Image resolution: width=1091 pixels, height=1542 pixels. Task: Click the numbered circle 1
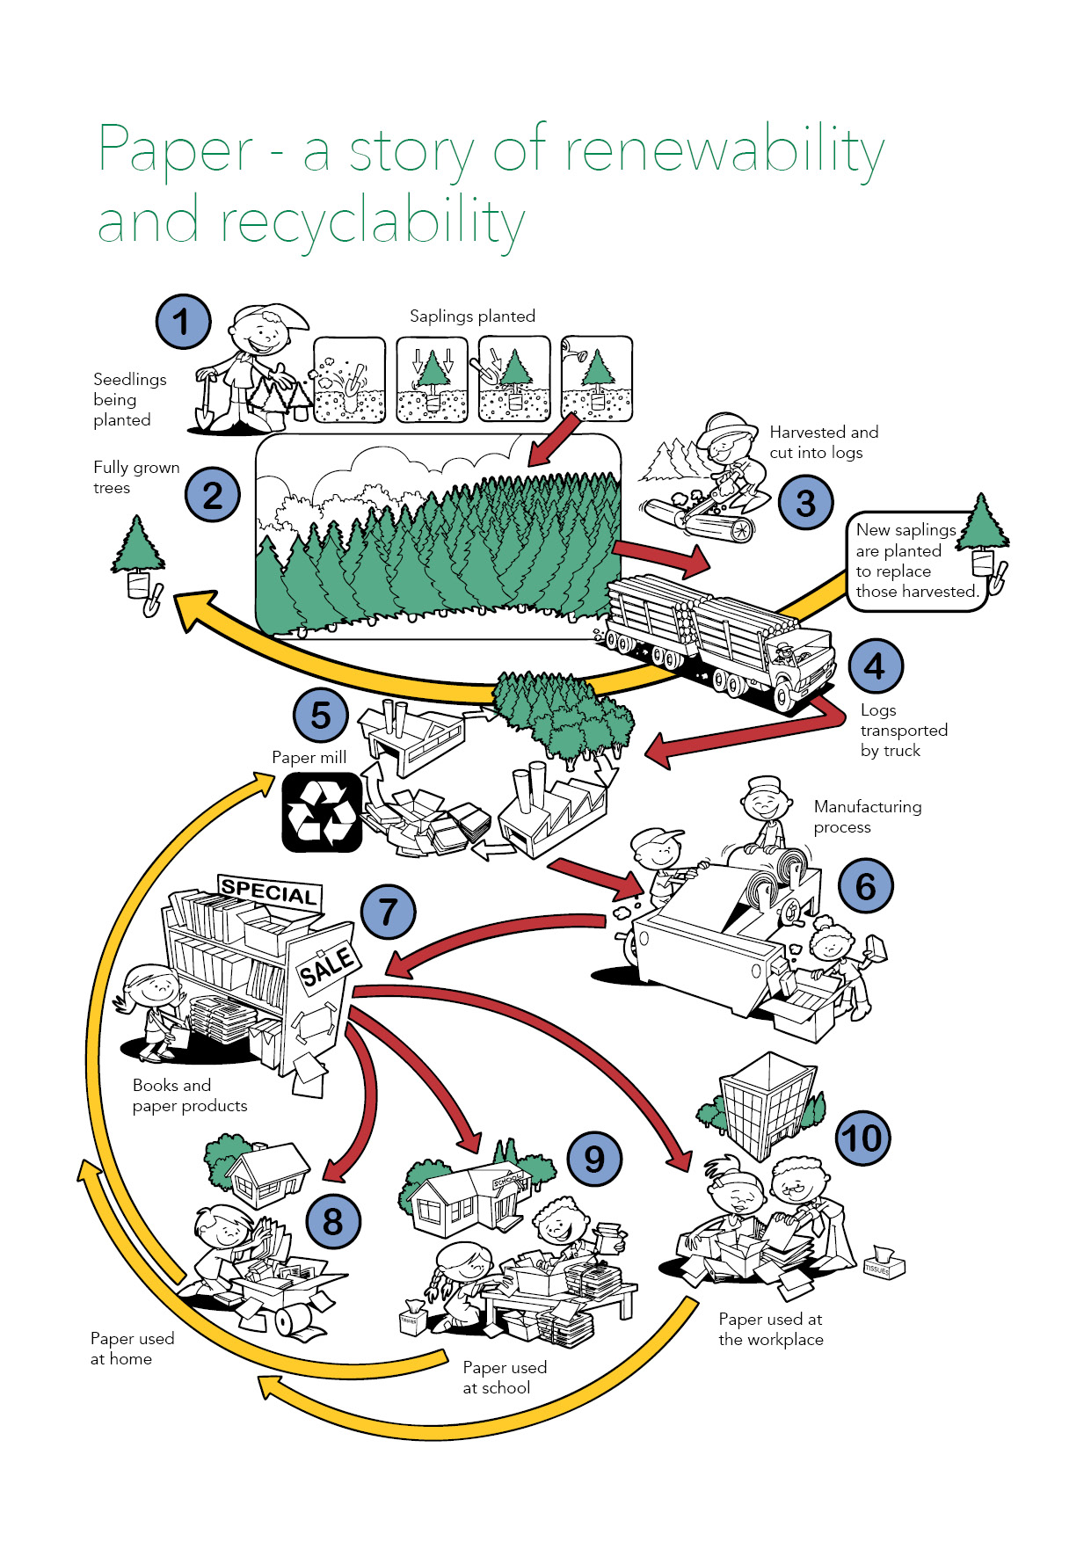(x=183, y=322)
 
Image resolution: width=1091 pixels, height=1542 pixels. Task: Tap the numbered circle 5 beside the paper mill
(x=321, y=716)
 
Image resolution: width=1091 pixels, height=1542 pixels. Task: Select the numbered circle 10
(x=862, y=1138)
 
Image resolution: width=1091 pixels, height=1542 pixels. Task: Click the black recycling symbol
(x=322, y=812)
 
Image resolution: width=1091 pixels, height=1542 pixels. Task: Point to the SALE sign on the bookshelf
(x=327, y=966)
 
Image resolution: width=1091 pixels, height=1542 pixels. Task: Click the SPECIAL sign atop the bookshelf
(x=269, y=891)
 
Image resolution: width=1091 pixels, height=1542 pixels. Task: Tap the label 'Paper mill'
(x=309, y=758)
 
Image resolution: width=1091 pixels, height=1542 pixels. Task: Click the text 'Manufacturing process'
(x=867, y=817)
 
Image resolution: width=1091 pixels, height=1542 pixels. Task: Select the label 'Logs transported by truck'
(x=903, y=730)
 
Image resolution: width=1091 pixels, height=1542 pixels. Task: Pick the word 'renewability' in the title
(x=724, y=151)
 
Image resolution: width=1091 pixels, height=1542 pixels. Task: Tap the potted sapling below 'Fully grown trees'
(x=138, y=563)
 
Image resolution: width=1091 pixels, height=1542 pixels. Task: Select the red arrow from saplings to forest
(x=555, y=439)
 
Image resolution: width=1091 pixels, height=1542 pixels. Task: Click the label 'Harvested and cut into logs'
(x=823, y=442)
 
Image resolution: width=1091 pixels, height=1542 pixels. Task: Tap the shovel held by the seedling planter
(x=205, y=404)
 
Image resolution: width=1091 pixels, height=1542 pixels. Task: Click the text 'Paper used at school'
(x=505, y=1378)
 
